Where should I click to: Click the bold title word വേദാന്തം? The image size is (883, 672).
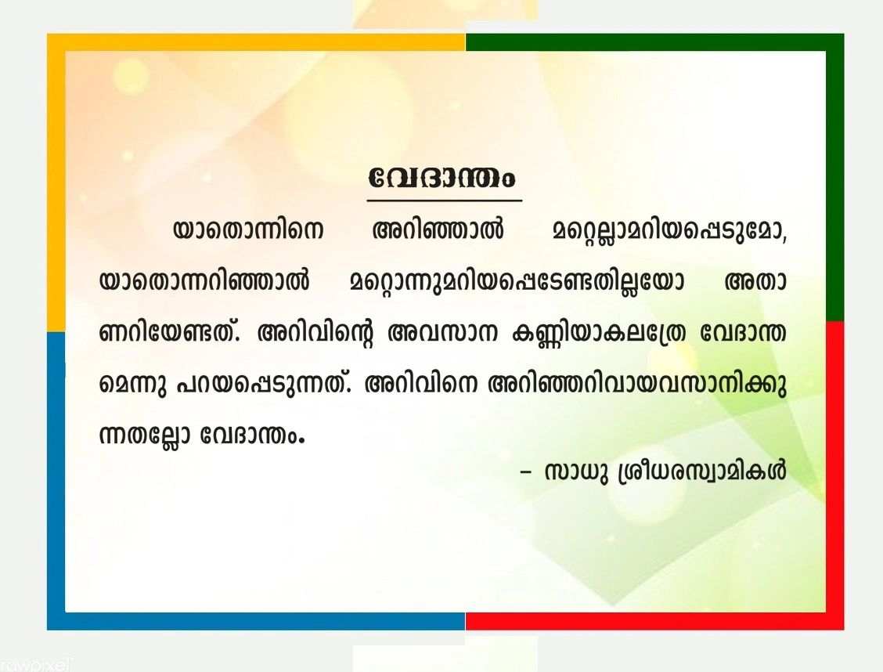coord(442,178)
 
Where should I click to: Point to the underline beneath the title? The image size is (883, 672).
coord(445,200)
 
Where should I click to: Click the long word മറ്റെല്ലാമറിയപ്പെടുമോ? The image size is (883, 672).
coord(669,231)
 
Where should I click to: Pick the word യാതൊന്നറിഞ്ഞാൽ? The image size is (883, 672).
coord(204,280)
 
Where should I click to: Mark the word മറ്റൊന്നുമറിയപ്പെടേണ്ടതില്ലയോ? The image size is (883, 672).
coord(517,282)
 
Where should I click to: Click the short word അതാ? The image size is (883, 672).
coord(755,280)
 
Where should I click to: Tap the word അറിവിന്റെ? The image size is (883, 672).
coord(315,334)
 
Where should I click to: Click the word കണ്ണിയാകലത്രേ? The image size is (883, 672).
coord(599,334)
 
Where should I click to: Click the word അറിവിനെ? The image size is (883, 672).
coord(422,384)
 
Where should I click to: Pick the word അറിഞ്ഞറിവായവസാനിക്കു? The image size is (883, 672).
coord(638,385)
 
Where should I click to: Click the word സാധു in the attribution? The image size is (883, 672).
coord(577,472)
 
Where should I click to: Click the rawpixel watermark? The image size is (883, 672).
coord(35,665)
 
